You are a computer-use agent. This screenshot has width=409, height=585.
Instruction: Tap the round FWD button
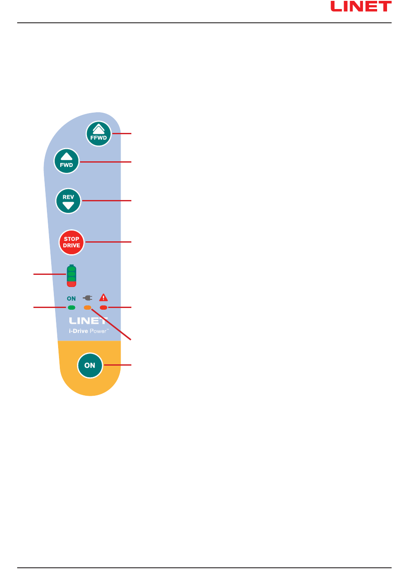(x=66, y=161)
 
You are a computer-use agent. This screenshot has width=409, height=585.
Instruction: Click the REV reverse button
(x=68, y=201)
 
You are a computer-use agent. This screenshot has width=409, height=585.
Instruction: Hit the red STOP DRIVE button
(x=71, y=242)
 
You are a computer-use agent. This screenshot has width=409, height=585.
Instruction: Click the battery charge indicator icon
(x=71, y=276)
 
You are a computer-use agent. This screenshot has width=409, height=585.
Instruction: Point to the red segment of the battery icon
(x=71, y=284)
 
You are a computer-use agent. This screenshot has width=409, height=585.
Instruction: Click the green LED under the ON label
(x=71, y=308)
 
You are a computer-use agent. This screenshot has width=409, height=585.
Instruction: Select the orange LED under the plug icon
(x=87, y=308)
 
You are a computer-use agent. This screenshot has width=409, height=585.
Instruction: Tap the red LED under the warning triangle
(x=103, y=308)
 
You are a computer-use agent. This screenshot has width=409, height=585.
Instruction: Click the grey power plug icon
(x=87, y=298)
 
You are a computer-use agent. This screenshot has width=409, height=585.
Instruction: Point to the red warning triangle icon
(x=103, y=297)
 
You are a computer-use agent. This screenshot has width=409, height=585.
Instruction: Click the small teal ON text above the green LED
(x=71, y=299)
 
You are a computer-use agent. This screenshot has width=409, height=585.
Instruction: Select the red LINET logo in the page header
(x=361, y=6)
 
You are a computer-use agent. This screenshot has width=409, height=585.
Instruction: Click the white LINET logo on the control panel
(x=88, y=321)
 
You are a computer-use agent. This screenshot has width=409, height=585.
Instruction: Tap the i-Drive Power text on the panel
(x=88, y=331)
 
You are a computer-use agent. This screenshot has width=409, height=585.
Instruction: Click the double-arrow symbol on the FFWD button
(x=99, y=129)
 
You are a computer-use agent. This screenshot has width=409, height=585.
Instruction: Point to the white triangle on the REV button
(x=68, y=206)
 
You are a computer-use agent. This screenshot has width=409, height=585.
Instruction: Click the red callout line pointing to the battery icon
(x=50, y=273)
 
